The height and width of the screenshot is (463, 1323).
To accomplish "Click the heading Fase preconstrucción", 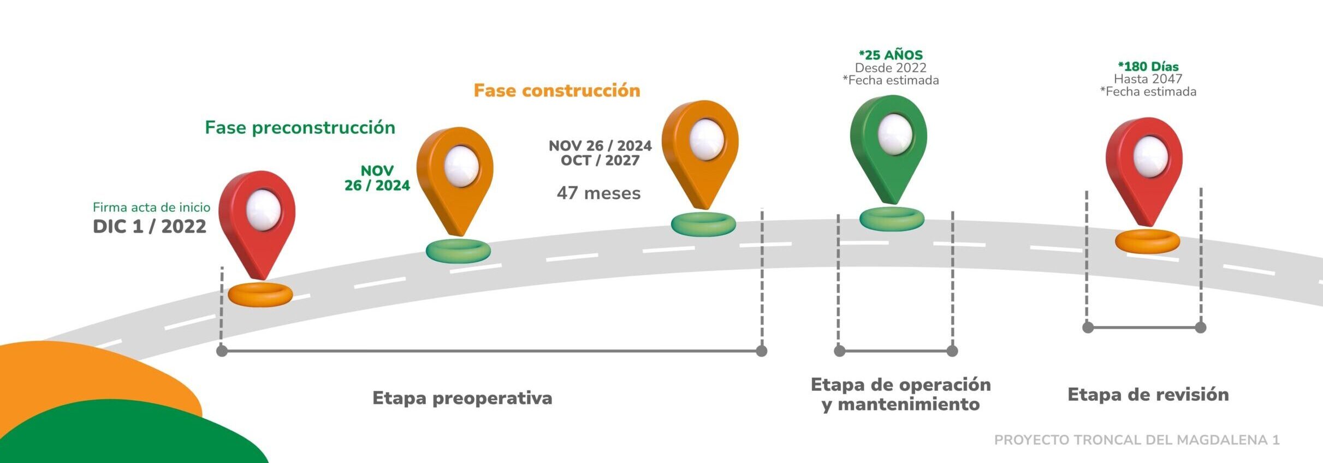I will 300,128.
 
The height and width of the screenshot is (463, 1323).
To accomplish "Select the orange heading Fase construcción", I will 556,91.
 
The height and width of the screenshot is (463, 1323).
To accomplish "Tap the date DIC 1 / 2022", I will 149,227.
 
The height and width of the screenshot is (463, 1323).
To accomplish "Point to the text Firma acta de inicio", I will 151,207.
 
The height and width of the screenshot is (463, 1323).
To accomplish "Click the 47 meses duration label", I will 598,193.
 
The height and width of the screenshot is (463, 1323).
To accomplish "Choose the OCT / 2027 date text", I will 600,161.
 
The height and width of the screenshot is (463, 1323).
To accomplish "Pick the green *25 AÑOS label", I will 891,55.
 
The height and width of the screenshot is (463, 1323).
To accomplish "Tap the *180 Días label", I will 1148,67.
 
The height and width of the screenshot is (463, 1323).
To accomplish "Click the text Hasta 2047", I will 1148,79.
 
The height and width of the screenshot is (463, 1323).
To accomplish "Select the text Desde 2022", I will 891,68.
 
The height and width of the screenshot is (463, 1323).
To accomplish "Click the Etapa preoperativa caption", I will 462,398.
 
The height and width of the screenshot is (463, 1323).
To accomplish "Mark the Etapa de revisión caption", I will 1148,395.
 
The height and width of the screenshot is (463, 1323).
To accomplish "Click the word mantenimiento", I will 908,405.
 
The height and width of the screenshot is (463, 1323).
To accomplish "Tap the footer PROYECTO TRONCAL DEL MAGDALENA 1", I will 1136,440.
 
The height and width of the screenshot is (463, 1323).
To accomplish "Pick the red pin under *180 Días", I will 1144,169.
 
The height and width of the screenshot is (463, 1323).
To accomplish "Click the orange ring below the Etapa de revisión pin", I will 1147,241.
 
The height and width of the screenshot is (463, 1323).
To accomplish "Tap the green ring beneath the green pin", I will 892,219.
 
